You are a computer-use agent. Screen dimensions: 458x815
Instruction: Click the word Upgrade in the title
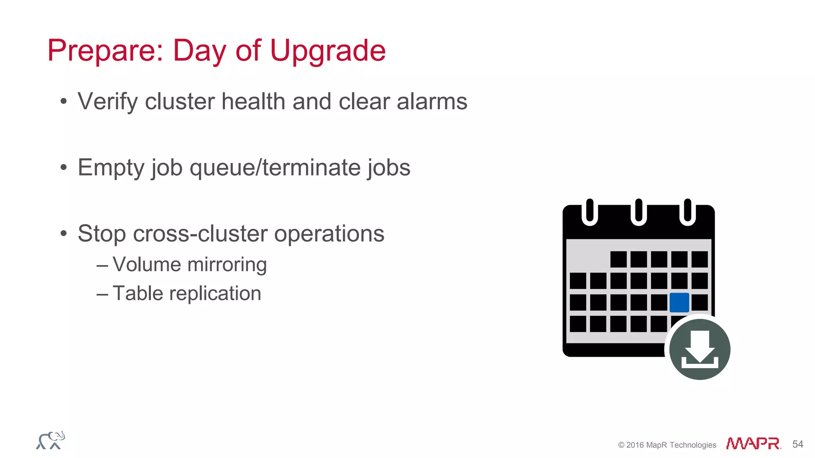tap(328, 51)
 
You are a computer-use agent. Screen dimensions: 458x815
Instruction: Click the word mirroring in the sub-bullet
tap(227, 264)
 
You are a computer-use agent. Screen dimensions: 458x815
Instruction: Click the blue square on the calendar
tap(679, 303)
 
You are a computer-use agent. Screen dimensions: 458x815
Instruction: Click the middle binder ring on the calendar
tap(639, 212)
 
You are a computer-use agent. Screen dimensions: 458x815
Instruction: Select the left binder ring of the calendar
tap(590, 212)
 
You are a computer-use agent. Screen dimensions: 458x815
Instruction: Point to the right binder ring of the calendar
tap(687, 212)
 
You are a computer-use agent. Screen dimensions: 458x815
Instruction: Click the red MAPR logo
tap(753, 443)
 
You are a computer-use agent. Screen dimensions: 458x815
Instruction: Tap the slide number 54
tap(797, 444)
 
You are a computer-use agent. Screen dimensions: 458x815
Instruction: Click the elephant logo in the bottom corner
tap(51, 441)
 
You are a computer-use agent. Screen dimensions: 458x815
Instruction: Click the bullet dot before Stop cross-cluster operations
tap(64, 233)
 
